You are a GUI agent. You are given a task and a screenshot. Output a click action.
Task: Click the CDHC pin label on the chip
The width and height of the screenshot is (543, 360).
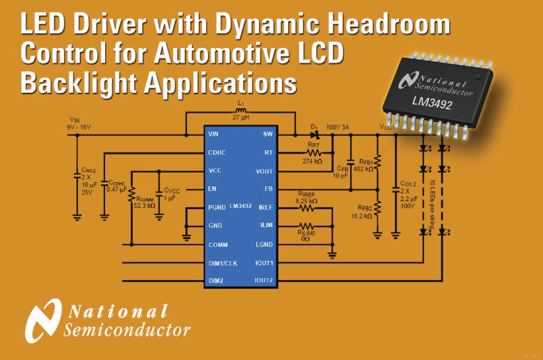tap(217, 153)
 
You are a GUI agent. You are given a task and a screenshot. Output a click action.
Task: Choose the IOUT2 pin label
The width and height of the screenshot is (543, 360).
tap(264, 280)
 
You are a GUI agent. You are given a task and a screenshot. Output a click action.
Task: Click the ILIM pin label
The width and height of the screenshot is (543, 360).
tap(267, 226)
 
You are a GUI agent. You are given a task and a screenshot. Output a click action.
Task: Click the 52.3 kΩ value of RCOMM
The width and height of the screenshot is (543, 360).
tap(144, 205)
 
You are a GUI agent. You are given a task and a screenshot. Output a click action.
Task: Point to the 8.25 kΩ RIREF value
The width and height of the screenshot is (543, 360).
tap(307, 201)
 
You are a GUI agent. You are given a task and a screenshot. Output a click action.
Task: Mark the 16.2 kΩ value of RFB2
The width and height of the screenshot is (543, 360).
tap(360, 216)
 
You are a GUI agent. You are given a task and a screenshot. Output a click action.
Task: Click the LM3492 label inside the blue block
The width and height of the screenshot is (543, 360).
tap(240, 207)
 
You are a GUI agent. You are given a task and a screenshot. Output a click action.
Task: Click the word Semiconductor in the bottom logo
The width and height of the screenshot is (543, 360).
tap(127, 331)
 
